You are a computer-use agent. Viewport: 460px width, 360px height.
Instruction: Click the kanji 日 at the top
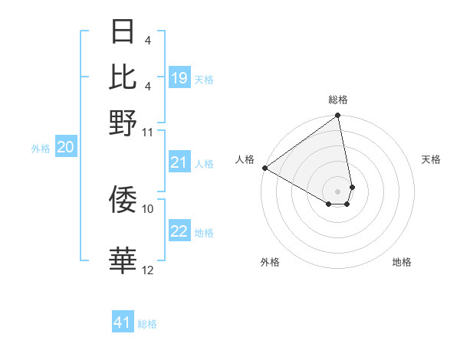pos(123,33)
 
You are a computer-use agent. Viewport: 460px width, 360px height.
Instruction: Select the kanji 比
pos(123,77)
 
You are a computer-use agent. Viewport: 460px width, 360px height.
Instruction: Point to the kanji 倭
pos(123,199)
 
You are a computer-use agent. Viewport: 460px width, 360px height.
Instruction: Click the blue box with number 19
pos(179,78)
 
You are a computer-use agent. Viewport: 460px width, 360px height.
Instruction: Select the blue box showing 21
pos(179,162)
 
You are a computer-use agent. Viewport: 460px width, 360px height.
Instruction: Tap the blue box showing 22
pos(179,232)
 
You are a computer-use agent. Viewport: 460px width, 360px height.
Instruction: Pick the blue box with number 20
pos(66,148)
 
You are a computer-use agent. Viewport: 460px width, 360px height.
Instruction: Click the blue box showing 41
pos(123,322)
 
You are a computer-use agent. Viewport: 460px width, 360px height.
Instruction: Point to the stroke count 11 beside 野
pos(148,132)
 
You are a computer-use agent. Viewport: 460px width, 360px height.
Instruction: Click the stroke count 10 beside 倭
pos(148,208)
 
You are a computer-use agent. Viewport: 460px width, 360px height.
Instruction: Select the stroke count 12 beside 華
pos(148,270)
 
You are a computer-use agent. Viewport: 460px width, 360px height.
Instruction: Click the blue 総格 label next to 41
pos(147,324)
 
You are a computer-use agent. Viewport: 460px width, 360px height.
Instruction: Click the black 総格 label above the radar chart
pos(338,100)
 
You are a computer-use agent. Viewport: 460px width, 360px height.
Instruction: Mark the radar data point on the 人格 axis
pos(264,168)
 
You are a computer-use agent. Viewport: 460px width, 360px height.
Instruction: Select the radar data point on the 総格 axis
pos(338,116)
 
